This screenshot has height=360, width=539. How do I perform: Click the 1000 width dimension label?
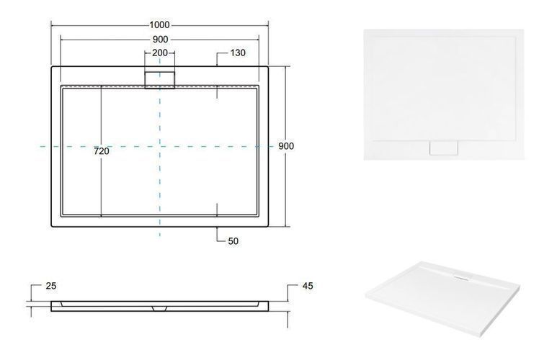(x=159, y=25)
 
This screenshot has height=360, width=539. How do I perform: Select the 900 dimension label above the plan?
(x=160, y=40)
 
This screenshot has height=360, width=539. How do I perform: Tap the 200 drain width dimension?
(x=160, y=53)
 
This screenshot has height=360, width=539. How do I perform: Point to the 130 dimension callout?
(x=238, y=53)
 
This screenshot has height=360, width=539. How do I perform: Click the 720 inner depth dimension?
(x=102, y=151)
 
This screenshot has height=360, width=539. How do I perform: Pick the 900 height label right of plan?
(x=286, y=146)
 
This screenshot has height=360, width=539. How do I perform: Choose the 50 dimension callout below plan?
(x=233, y=241)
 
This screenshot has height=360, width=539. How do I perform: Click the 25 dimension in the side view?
(x=51, y=286)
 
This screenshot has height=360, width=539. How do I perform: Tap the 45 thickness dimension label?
(x=308, y=286)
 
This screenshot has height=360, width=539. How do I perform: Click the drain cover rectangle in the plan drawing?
(x=160, y=80)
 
